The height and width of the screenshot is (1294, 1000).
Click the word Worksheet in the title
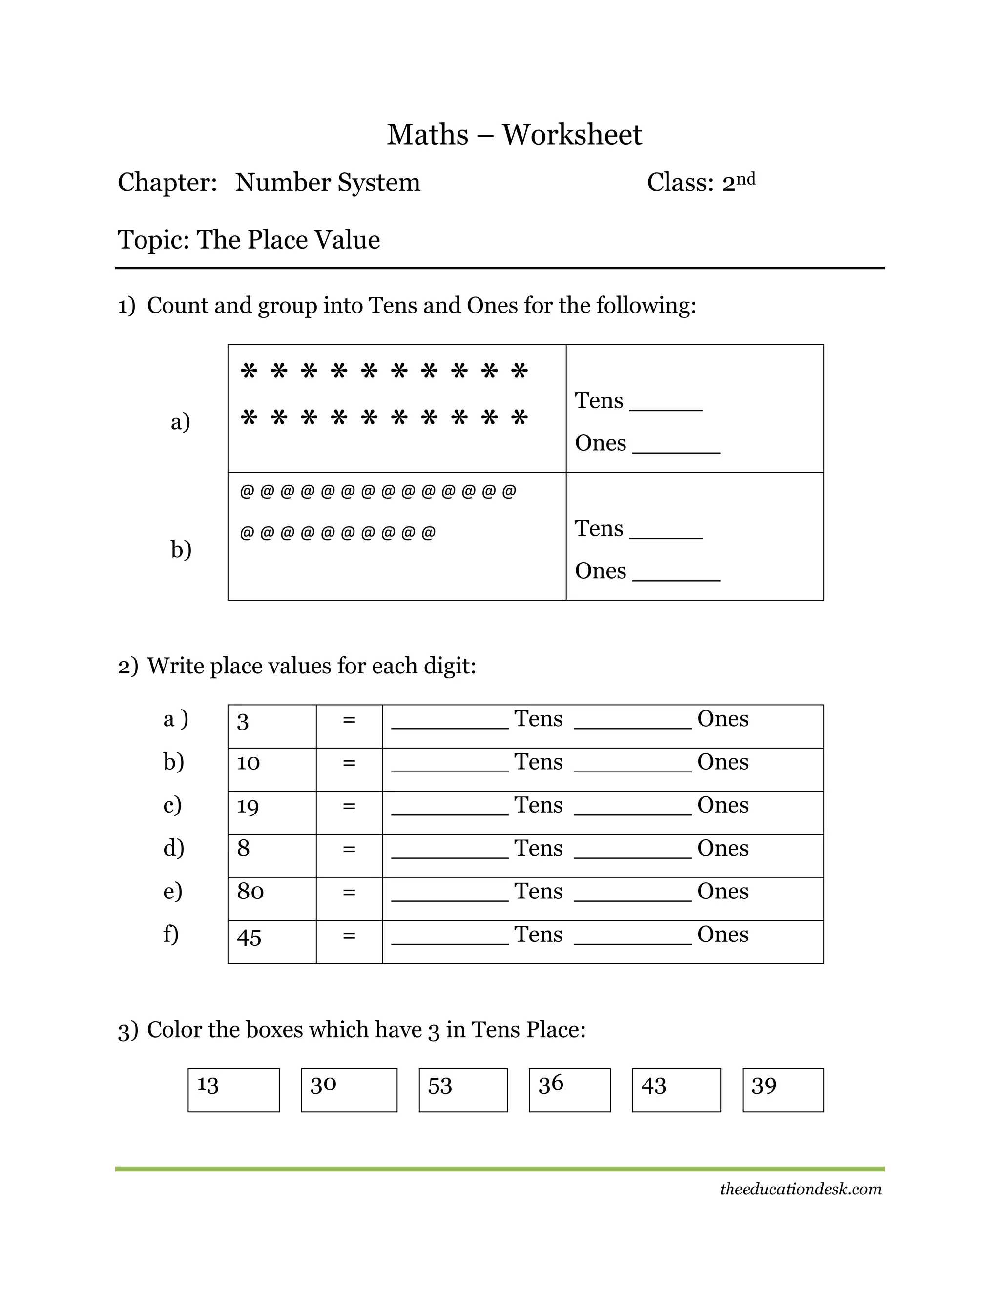(572, 135)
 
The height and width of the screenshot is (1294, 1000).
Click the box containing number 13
(233, 1090)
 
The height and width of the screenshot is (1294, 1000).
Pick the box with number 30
(349, 1090)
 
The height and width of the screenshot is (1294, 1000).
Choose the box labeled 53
(463, 1090)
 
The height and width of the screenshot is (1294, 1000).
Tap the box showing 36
(569, 1090)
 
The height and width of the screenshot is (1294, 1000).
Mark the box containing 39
(783, 1090)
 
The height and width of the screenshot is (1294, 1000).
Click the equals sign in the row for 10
(349, 763)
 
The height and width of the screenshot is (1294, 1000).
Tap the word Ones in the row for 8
(722, 849)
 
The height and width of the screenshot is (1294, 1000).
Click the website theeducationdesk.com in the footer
(800, 1189)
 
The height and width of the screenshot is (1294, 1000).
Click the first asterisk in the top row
(249, 372)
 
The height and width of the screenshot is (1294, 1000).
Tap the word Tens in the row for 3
(538, 719)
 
